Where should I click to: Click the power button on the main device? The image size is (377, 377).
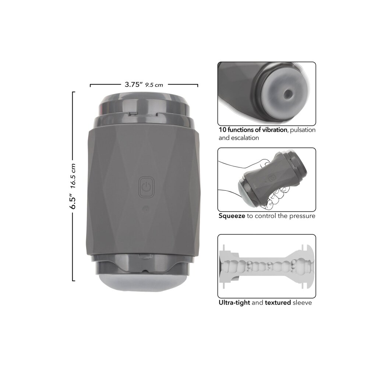[x=147, y=187]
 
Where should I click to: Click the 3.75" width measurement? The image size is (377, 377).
[x=134, y=84]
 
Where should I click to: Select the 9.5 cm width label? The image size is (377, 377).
[x=154, y=85]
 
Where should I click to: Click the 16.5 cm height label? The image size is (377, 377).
[x=73, y=176]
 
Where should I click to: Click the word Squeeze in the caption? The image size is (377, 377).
[x=232, y=216]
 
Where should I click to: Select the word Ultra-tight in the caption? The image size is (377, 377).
[x=234, y=303]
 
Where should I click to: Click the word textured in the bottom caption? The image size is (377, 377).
[x=278, y=303]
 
